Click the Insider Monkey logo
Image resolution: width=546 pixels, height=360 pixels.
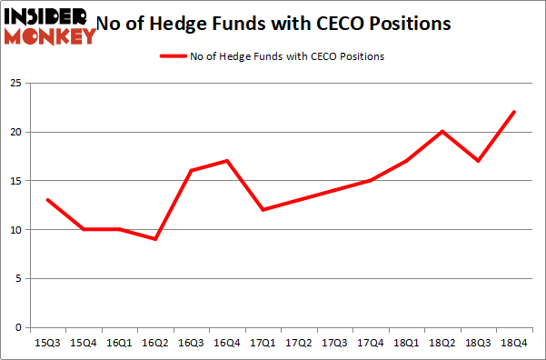(49, 25)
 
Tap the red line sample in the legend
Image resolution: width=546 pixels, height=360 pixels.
(174, 56)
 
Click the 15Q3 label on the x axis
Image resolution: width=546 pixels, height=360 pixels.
(47, 343)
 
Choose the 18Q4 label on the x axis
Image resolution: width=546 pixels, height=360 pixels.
(514, 343)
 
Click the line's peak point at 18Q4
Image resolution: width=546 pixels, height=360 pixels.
(514, 112)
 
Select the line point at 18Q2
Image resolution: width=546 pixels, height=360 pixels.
(441, 132)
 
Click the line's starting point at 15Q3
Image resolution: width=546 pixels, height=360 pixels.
(47, 200)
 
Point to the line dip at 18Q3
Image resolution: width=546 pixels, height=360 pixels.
(478, 161)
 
